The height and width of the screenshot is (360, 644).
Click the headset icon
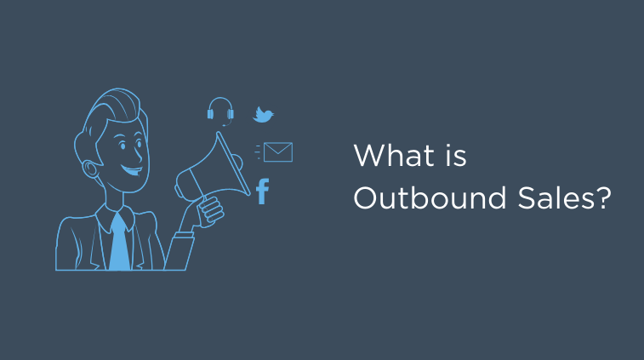pos(220,111)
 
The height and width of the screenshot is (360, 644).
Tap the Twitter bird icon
pos(264,115)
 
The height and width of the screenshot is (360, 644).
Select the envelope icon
pos(278,152)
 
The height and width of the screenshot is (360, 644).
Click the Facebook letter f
pos(262,191)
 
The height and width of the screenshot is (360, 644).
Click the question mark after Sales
pos(603,199)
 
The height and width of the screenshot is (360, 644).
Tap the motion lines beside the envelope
pos(258,151)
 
